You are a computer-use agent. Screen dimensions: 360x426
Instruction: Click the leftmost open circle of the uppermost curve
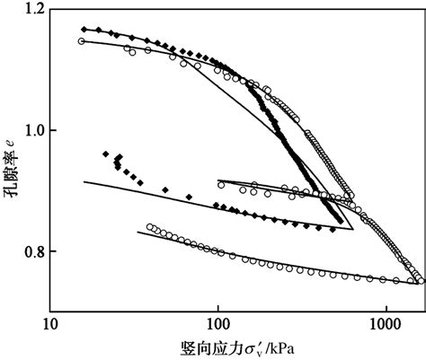(82, 41)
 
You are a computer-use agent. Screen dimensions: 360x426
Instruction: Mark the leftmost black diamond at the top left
(84, 30)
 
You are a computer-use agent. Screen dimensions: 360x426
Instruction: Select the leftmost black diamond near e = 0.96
(106, 154)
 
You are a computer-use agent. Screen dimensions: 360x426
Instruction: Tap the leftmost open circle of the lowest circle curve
(149, 227)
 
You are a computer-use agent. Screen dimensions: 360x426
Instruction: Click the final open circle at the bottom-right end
(421, 280)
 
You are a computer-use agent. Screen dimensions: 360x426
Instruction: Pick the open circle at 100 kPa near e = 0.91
(221, 184)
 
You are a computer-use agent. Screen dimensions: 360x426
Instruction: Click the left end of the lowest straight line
(138, 232)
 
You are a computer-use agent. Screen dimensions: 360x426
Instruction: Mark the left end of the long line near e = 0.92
(84, 181)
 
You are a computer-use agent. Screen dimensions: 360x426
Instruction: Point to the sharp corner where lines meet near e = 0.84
(353, 230)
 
